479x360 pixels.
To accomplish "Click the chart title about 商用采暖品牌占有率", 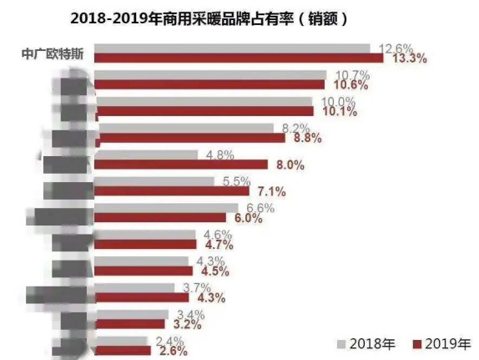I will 239,17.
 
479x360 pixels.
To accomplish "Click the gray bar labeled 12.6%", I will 233,48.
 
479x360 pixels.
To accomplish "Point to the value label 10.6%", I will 353,85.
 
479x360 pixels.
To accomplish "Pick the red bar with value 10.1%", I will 205,110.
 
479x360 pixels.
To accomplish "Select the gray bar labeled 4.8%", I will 148,155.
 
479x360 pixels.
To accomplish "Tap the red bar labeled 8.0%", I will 182,165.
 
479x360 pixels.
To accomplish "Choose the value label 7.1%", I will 269,191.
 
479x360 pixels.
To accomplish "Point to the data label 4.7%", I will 215,245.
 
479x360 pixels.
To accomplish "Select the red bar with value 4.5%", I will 144,271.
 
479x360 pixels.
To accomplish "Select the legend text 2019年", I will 448,342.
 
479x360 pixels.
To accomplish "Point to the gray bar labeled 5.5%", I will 154,181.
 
